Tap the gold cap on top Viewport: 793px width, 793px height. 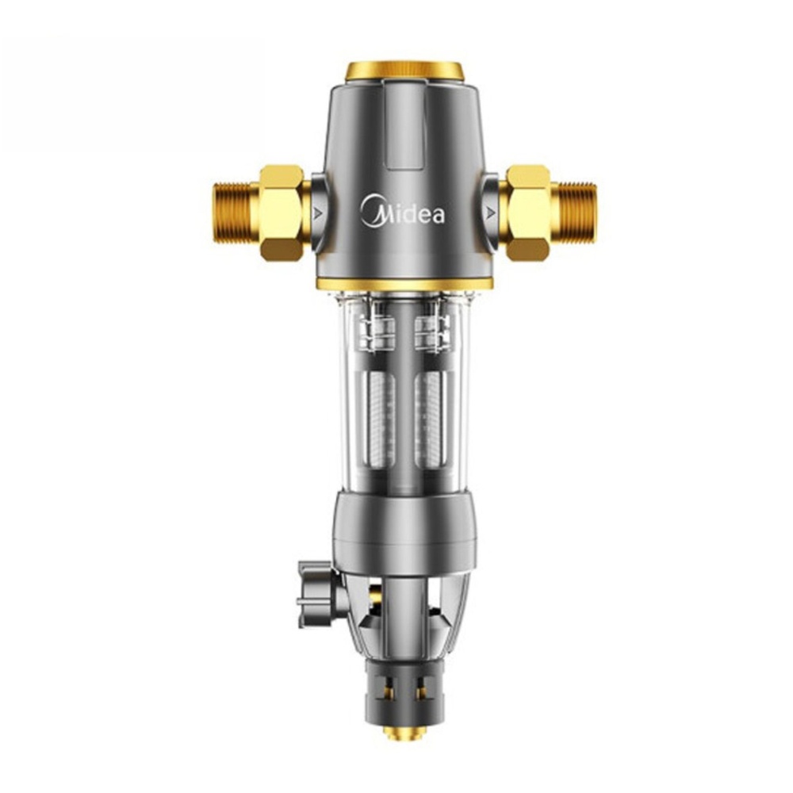404,71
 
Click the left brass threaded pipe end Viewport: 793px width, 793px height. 236,214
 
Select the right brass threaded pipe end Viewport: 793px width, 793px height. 574,213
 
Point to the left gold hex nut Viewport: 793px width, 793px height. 283,213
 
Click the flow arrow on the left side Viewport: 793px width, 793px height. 318,213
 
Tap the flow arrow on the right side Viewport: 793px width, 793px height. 490,213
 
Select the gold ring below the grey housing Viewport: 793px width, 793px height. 404,284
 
